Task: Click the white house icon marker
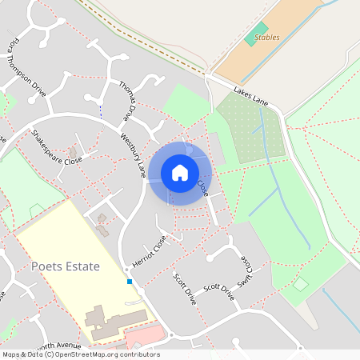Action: (180, 172)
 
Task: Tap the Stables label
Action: (267, 37)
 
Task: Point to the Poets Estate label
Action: (65, 266)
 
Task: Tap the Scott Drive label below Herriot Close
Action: (184, 289)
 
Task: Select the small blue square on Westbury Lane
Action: (129, 282)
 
